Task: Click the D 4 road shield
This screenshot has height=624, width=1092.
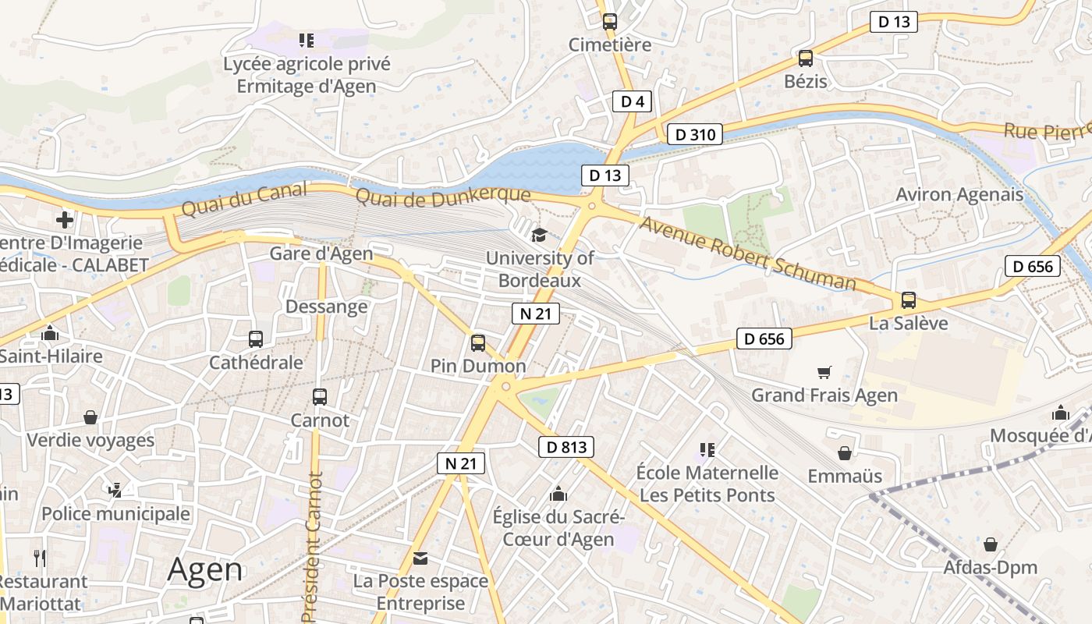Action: [632, 101]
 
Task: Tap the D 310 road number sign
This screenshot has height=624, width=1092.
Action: [694, 134]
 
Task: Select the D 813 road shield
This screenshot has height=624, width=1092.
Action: [566, 447]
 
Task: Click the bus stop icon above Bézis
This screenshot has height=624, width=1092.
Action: [806, 58]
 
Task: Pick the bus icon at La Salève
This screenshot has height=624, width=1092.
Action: [908, 300]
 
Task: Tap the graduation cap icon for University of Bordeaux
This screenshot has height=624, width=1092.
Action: [539, 235]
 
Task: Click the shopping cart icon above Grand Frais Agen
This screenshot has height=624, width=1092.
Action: [824, 372]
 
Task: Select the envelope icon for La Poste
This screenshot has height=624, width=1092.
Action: [420, 558]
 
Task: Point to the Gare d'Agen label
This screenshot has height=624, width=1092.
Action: [321, 253]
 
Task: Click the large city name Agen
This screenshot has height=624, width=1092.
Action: [205, 570]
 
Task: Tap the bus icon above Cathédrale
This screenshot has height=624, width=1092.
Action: [256, 339]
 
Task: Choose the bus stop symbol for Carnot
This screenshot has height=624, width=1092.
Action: [320, 396]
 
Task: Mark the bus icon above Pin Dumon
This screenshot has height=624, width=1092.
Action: [478, 342]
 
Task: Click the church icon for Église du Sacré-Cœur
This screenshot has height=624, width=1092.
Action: [558, 494]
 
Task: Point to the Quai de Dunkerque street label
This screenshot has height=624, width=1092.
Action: [443, 196]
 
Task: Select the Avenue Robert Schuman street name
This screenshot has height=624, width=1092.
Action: [747, 253]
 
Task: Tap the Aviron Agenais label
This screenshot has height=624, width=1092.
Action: [959, 194]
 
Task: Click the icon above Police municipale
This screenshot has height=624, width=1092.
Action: [115, 490]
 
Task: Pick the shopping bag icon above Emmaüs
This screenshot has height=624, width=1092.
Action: [845, 452]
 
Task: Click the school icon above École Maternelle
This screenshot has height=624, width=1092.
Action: [707, 449]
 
